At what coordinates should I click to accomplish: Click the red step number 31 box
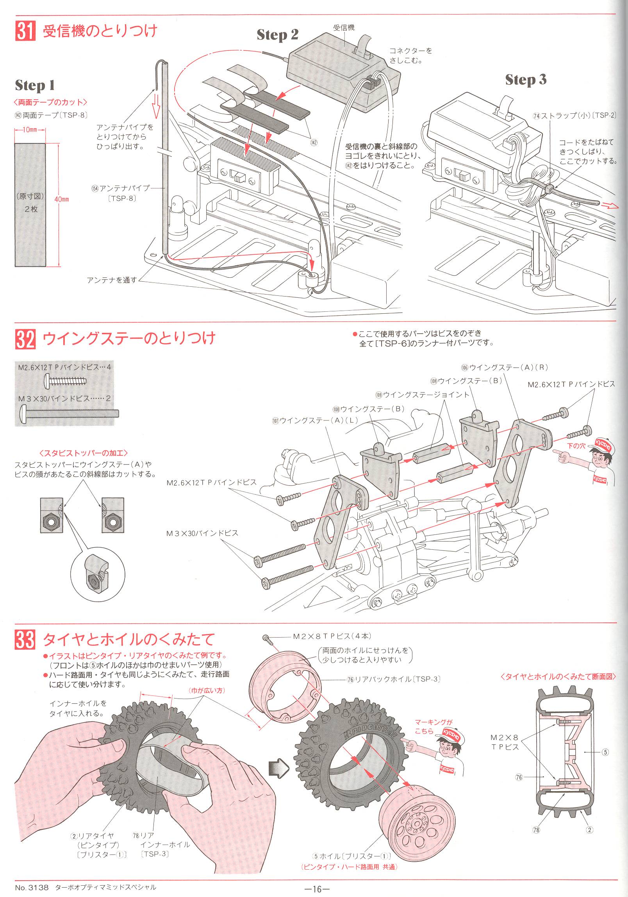pyautogui.click(x=25, y=31)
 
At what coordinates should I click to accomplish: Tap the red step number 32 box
pyautogui.click(x=25, y=338)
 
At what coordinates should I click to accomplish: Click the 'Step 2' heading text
pyautogui.click(x=277, y=35)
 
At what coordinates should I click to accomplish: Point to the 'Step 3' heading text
pyautogui.click(x=525, y=80)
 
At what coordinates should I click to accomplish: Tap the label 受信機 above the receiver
pyautogui.click(x=344, y=28)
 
